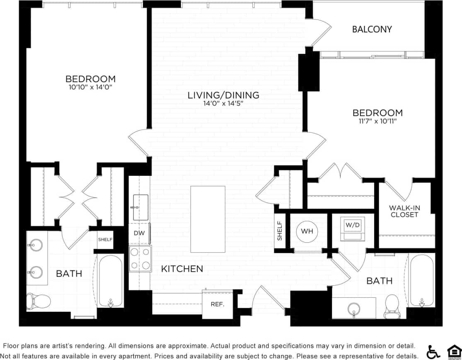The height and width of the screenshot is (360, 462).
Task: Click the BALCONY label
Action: (372, 29)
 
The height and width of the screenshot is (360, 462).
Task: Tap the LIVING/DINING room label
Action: (223, 95)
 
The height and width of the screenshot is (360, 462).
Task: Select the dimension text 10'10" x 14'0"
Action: (90, 87)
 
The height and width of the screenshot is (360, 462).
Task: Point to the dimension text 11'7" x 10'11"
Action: (377, 121)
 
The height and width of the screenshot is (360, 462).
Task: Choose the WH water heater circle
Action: (307, 231)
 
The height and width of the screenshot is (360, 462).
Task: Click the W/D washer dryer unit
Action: (352, 229)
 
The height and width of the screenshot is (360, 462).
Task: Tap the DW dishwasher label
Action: (139, 233)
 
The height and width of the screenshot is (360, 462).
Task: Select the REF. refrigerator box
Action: (217, 304)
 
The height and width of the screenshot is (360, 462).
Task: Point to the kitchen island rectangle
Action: (208, 219)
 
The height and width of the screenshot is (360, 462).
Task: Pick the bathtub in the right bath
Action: (422, 280)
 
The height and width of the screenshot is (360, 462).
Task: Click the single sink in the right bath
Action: (353, 309)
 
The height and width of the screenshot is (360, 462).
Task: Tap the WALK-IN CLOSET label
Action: (404, 211)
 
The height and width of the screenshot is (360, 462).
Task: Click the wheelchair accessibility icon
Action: (433, 352)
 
